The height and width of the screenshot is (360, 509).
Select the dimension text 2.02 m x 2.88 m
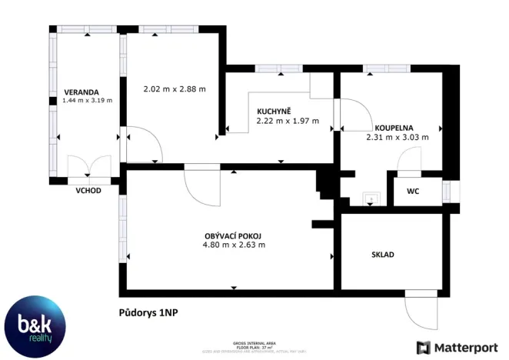175,88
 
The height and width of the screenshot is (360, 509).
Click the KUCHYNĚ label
274,111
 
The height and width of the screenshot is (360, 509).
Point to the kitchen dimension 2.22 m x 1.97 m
287,121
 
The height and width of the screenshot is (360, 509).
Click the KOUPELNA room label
394,128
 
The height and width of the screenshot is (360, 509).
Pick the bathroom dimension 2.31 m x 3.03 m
398,138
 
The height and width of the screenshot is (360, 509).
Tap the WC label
413,190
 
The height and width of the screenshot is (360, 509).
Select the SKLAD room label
383,254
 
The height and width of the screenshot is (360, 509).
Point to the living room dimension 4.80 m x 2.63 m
234,245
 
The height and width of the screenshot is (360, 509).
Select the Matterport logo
455,347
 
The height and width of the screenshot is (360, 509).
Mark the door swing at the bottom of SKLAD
421,309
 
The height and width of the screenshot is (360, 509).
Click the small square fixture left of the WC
371,198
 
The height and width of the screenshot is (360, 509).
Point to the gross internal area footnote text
254,347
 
